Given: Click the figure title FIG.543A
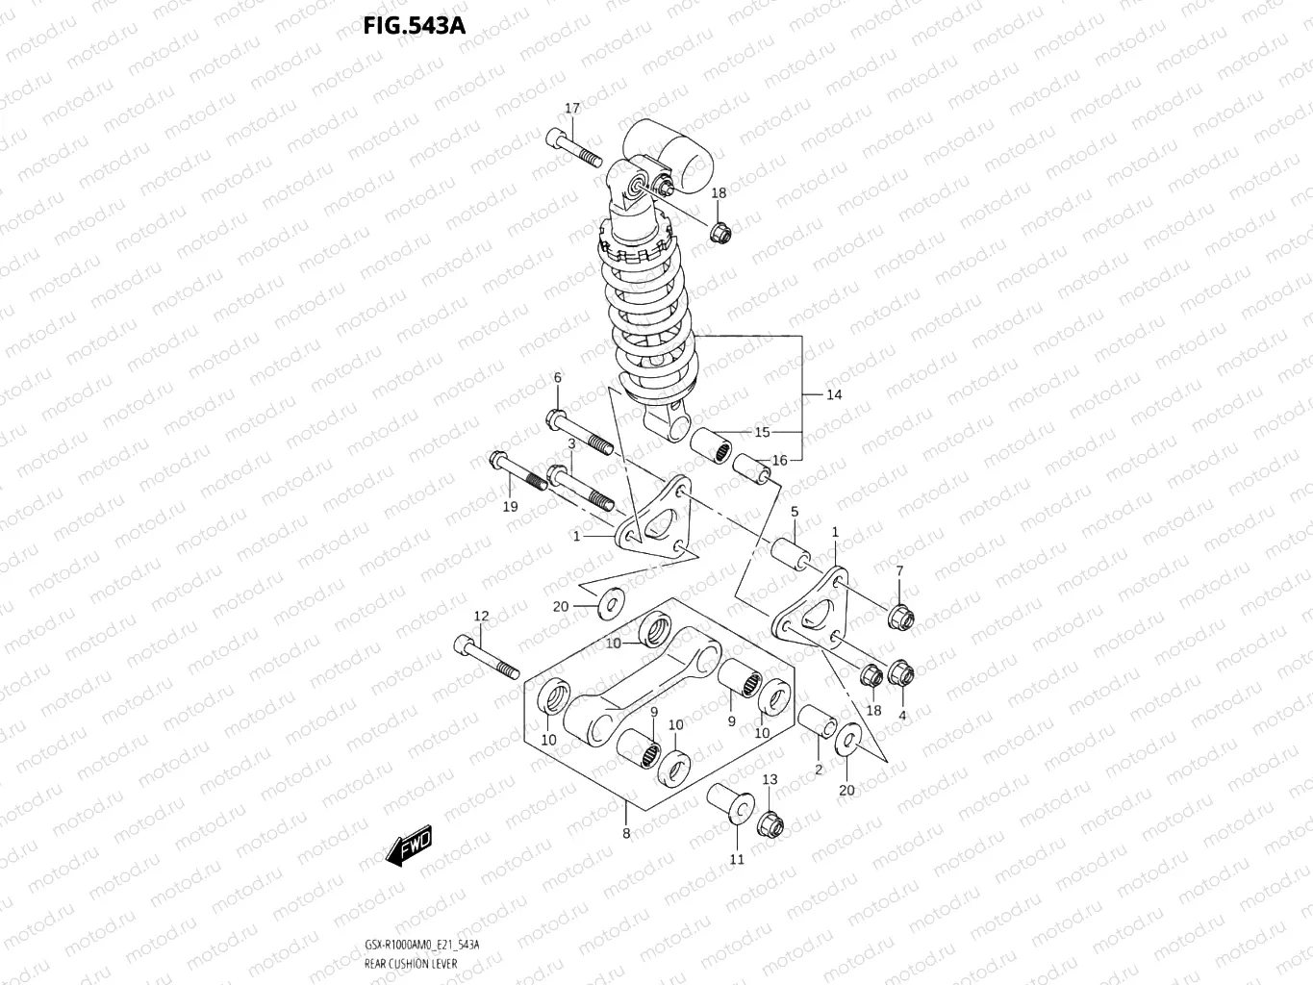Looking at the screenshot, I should coord(414,25).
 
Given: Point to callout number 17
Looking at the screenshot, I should coord(572,109).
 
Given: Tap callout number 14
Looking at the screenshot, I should coord(833,394).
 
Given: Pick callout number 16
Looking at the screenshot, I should coord(779,461).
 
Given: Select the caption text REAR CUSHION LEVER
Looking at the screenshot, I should coord(411,963).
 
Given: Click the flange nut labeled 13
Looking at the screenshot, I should coord(770,824).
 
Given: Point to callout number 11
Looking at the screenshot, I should coord(737,859).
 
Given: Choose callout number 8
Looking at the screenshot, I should coord(626,833).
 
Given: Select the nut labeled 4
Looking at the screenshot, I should coord(901,672).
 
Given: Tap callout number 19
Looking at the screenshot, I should coord(510,506).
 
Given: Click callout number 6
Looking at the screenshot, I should coord(557,378).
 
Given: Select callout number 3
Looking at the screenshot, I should coord(570,443).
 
